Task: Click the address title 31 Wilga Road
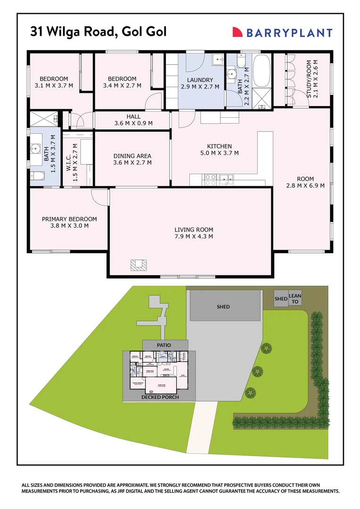pyautogui.click(x=98, y=32)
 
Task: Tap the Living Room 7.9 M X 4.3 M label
pyautogui.click(x=194, y=233)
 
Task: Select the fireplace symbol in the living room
pyautogui.click(x=138, y=265)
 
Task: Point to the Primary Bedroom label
pyautogui.click(x=69, y=222)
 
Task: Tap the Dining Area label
pyautogui.click(x=132, y=159)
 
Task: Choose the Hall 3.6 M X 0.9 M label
pyautogui.click(x=133, y=120)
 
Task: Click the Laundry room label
pyautogui.click(x=200, y=83)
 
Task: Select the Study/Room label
pyautogui.click(x=312, y=79)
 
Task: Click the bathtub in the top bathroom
pyautogui.click(x=262, y=70)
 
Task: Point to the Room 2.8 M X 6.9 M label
pyautogui.click(x=305, y=182)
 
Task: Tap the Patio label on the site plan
pyautogui.click(x=164, y=345)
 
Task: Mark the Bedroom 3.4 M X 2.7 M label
pyautogui.click(x=122, y=82)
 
